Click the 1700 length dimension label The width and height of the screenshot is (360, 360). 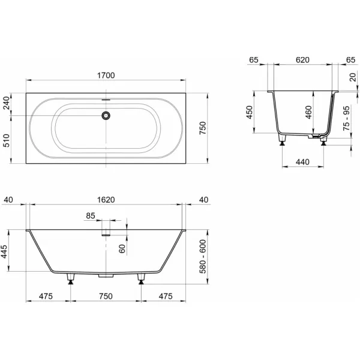pyautogui.click(x=106, y=76)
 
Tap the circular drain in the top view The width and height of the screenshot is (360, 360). pyautogui.click(x=106, y=115)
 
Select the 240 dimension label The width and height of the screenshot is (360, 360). pyautogui.click(x=7, y=103)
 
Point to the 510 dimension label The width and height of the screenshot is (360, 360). pyautogui.click(x=7, y=140)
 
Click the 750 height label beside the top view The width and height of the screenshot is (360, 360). pyautogui.click(x=203, y=128)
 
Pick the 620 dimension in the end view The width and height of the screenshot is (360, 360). pyautogui.click(x=302, y=60)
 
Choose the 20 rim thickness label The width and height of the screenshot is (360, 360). pyautogui.click(x=353, y=77)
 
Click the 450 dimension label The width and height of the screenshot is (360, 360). pyautogui.click(x=250, y=112)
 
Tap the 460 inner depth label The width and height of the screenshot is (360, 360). pyautogui.click(x=309, y=112)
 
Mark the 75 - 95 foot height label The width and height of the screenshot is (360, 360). pyautogui.click(x=346, y=118)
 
